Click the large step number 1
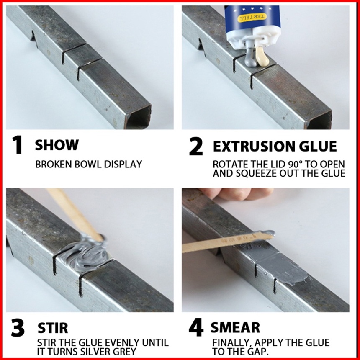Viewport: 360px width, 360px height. tap(17, 145)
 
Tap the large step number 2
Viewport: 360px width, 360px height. tap(196, 146)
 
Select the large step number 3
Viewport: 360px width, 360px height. tap(18, 328)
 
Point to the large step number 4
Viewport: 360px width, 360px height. tap(196, 327)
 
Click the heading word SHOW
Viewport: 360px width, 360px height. tap(57, 145)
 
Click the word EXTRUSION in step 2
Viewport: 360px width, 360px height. tap(252, 146)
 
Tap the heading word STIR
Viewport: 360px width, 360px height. tap(53, 328)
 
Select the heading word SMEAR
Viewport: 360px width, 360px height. tap(235, 328)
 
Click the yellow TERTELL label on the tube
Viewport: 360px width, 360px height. tap(253, 18)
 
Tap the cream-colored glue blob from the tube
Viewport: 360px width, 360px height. tap(262, 56)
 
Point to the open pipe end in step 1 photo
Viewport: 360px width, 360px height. tap(138, 117)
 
